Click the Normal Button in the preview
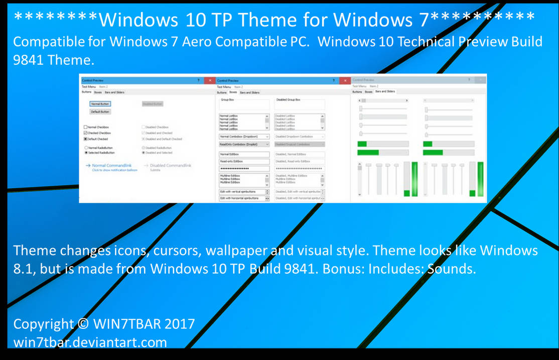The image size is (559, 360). click(x=100, y=104)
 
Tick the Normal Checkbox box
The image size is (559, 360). click(x=86, y=128)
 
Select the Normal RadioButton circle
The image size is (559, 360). click(x=86, y=148)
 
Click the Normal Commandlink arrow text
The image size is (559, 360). click(x=111, y=165)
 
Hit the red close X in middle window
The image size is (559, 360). click(x=344, y=80)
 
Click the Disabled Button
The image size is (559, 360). click(x=153, y=104)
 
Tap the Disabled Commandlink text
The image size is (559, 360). click(x=171, y=165)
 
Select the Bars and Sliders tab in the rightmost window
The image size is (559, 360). click(x=385, y=91)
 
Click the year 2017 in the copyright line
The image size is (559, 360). click(x=180, y=324)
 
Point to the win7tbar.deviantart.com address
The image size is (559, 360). click(x=90, y=342)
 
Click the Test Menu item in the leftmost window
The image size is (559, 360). click(x=88, y=87)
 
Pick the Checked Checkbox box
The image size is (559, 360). click(x=86, y=133)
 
